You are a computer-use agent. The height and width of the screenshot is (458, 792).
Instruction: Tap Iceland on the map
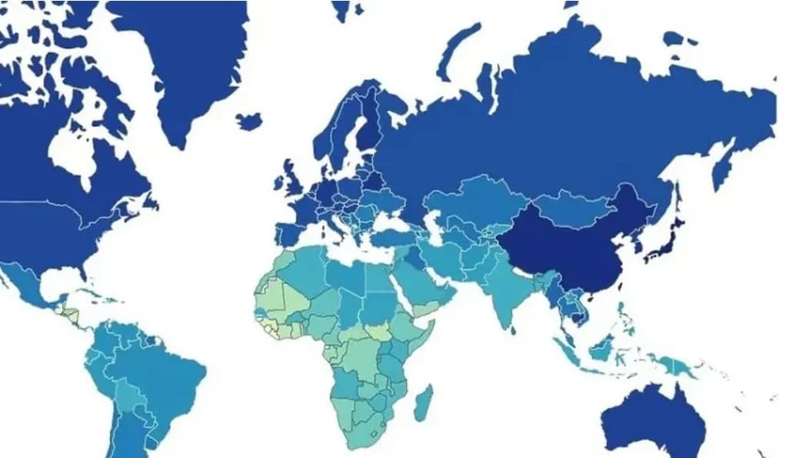pos(248,121)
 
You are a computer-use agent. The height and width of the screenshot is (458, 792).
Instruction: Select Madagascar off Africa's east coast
pos(423,403)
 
